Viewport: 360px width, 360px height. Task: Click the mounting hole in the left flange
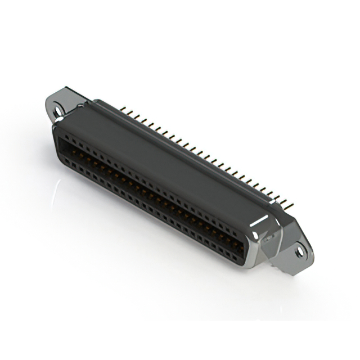[58, 111]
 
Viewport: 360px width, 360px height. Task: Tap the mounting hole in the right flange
[300, 252]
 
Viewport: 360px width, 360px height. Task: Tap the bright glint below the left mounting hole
[54, 121]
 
